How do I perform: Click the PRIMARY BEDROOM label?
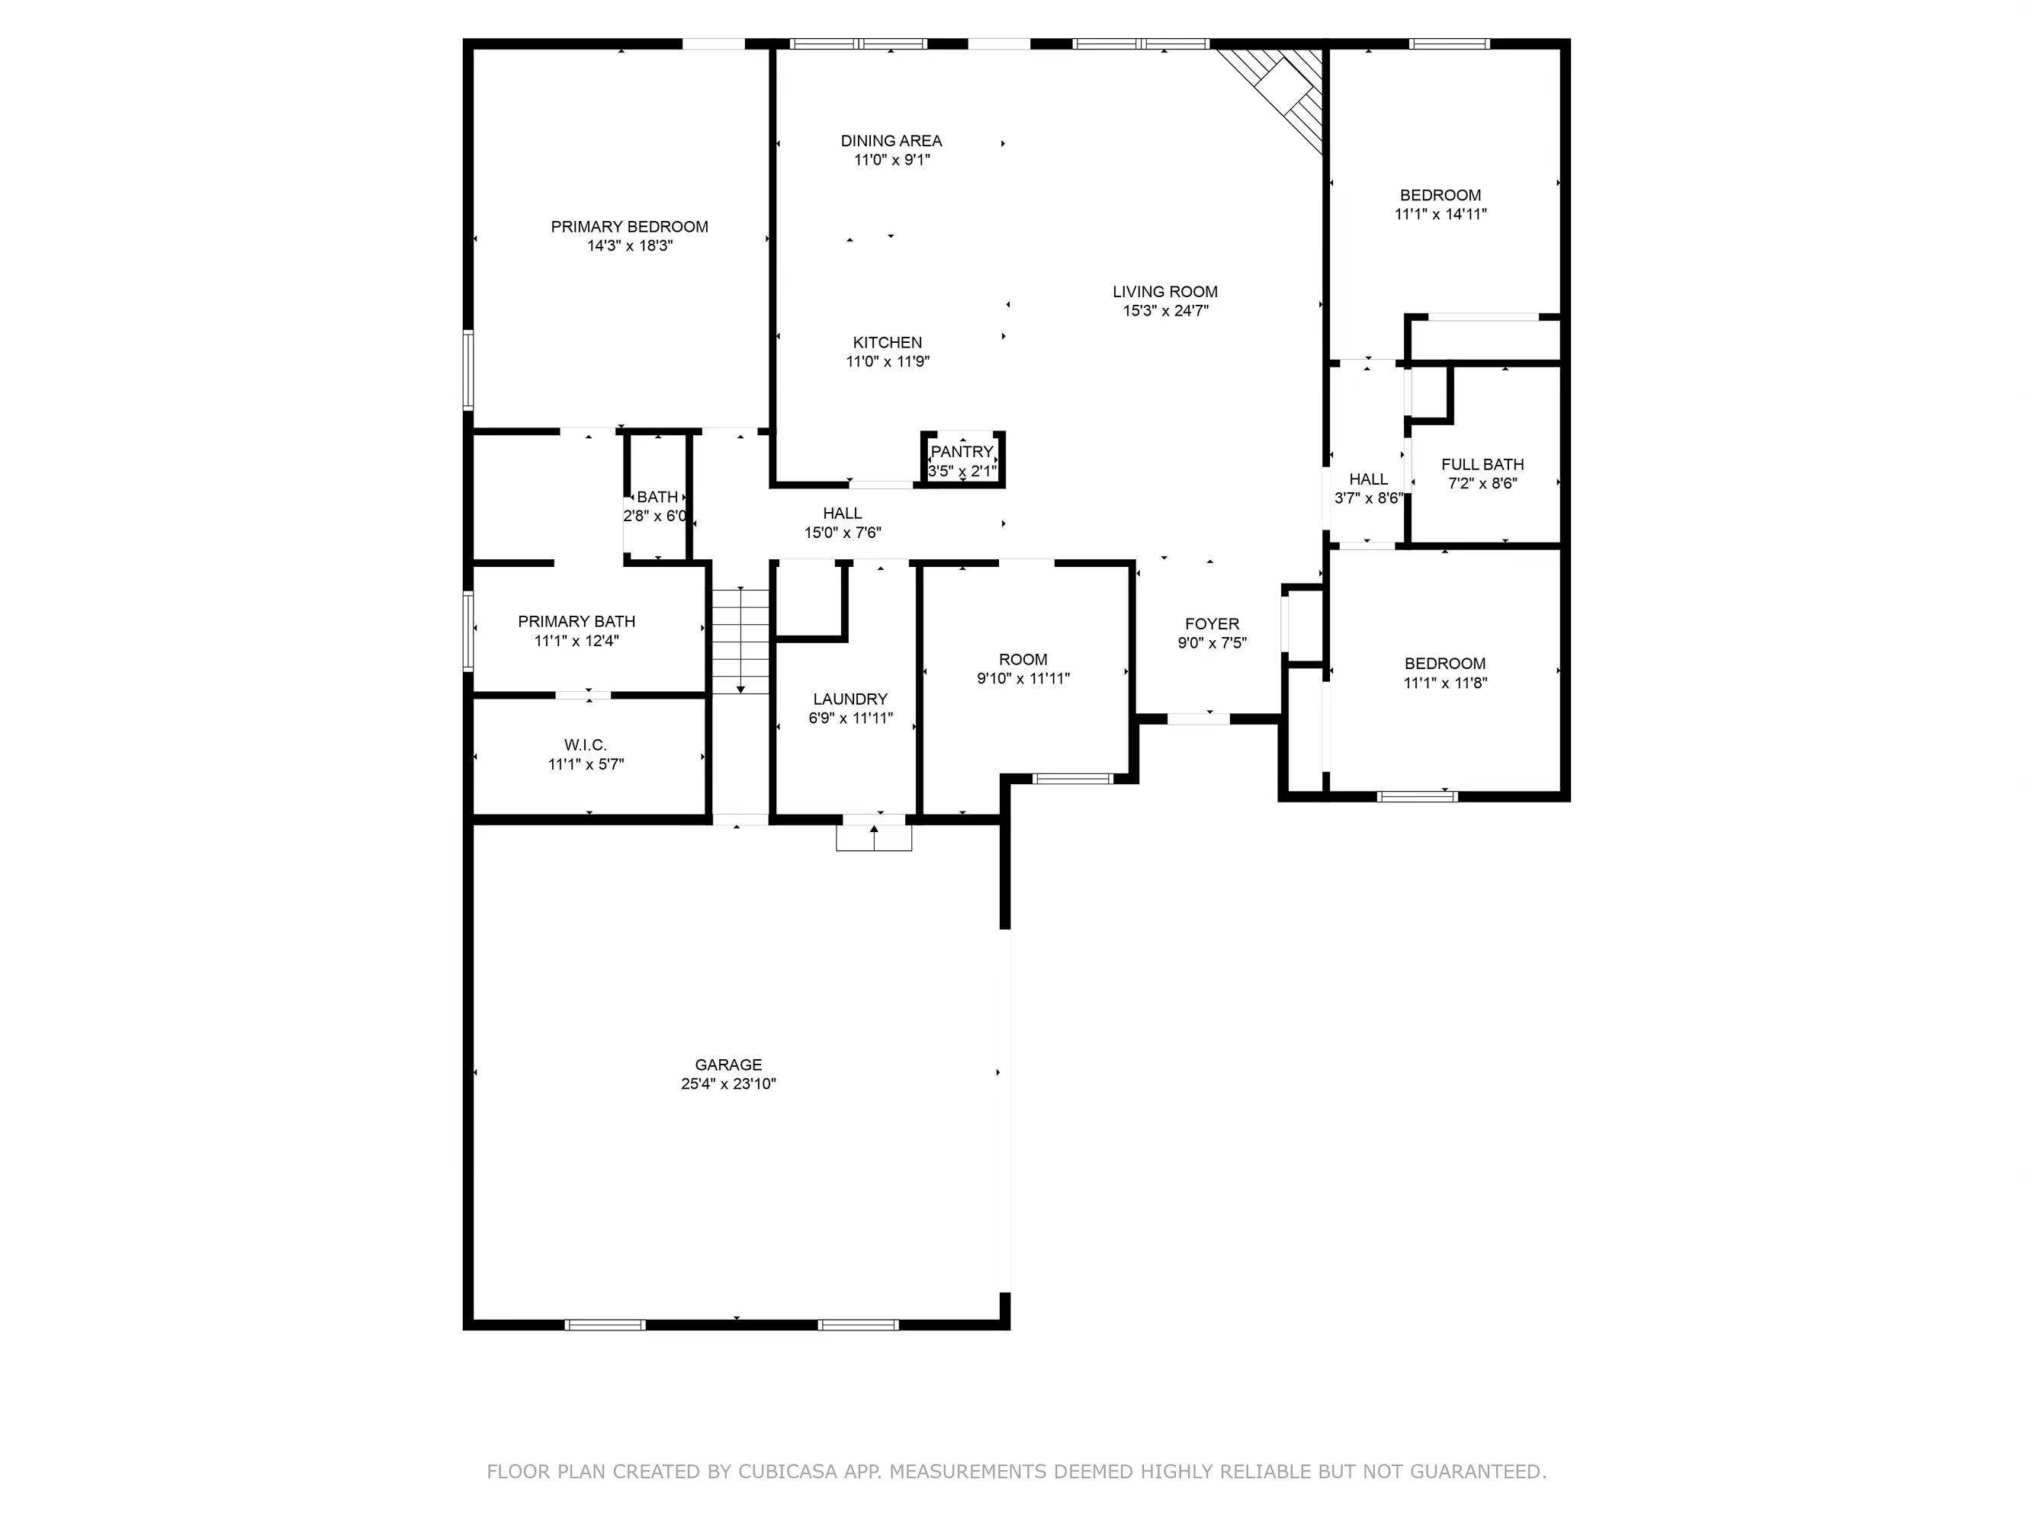coord(630,227)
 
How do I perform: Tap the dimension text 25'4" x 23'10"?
coord(728,1084)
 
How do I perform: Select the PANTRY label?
coord(962,452)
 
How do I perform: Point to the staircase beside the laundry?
coord(740,640)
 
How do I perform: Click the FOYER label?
coord(1212,625)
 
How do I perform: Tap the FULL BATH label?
coord(1482,465)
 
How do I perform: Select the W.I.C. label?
coord(586,745)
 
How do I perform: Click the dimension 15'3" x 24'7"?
coord(1164,310)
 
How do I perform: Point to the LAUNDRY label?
coord(850,699)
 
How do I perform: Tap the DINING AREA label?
coord(891,140)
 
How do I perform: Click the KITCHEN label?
coord(887,343)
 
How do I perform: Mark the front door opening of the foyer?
coord(1199,719)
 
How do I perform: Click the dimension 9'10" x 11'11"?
coord(1023,679)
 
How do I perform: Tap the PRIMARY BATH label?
coord(576,622)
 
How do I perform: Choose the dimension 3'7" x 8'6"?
coord(1367,499)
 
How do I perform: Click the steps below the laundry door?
coord(873,837)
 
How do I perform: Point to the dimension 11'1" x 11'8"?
coord(1445,683)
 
